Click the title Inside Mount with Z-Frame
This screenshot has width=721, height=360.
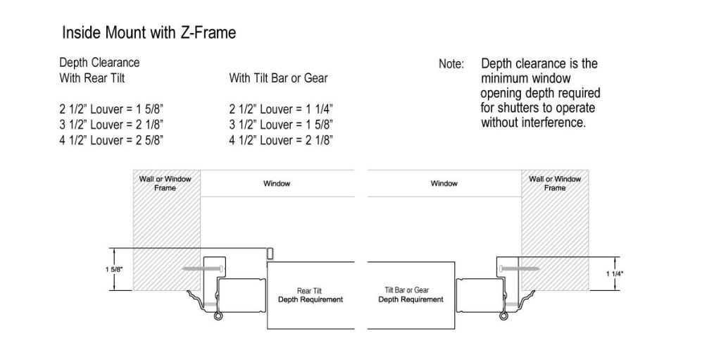click(149, 33)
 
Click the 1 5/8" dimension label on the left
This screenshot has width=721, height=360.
click(114, 270)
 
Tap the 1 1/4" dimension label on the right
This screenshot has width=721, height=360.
click(615, 274)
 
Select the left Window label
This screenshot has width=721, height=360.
click(277, 184)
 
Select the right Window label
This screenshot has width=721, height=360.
click(444, 184)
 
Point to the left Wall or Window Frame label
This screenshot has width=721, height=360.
click(165, 183)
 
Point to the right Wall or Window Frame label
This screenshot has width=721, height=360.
click(555, 183)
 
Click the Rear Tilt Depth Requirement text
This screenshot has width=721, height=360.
click(311, 296)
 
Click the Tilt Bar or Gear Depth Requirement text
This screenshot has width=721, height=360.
click(410, 295)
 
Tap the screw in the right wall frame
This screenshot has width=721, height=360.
click(519, 268)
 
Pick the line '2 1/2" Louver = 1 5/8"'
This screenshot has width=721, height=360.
click(111, 110)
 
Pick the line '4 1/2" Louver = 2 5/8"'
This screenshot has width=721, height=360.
click(111, 140)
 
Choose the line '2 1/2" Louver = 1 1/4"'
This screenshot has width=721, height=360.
click(281, 110)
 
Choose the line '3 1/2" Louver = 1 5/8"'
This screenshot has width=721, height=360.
click(281, 125)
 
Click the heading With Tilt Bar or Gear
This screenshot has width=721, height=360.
click(279, 78)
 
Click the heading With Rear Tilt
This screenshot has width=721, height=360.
click(92, 78)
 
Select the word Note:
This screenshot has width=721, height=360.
click(451, 64)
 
